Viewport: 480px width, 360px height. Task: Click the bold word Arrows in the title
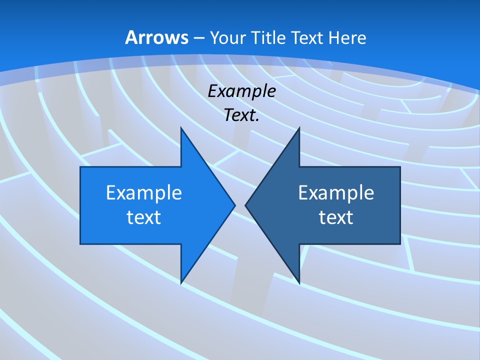point(156,37)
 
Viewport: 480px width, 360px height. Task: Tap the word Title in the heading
point(270,38)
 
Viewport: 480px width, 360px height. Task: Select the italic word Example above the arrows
point(242,91)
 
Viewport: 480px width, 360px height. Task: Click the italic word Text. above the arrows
point(242,115)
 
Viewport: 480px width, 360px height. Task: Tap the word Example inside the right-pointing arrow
point(144,192)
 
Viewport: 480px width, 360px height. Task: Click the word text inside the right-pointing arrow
point(144,217)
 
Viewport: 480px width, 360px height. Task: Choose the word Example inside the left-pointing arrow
point(336,192)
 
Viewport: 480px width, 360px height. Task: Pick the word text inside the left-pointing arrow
point(336,217)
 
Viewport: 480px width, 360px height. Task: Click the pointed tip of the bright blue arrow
point(234,205)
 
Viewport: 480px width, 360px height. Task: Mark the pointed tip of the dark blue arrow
point(245,205)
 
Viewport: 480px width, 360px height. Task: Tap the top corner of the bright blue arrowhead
point(181,128)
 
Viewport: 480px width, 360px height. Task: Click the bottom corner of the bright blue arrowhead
point(181,283)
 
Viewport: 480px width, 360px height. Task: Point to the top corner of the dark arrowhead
point(299,128)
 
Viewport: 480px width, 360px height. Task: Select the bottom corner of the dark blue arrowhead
point(299,283)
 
